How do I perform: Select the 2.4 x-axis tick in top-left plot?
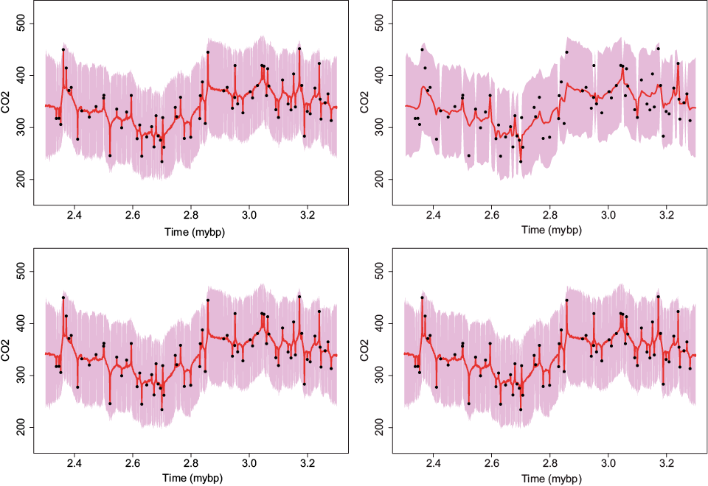coord(74,216)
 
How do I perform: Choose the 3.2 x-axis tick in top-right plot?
coord(667,216)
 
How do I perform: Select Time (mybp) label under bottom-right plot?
coord(550,479)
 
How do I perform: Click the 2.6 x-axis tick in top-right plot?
coord(492,216)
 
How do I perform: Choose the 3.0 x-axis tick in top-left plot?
coord(249,216)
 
